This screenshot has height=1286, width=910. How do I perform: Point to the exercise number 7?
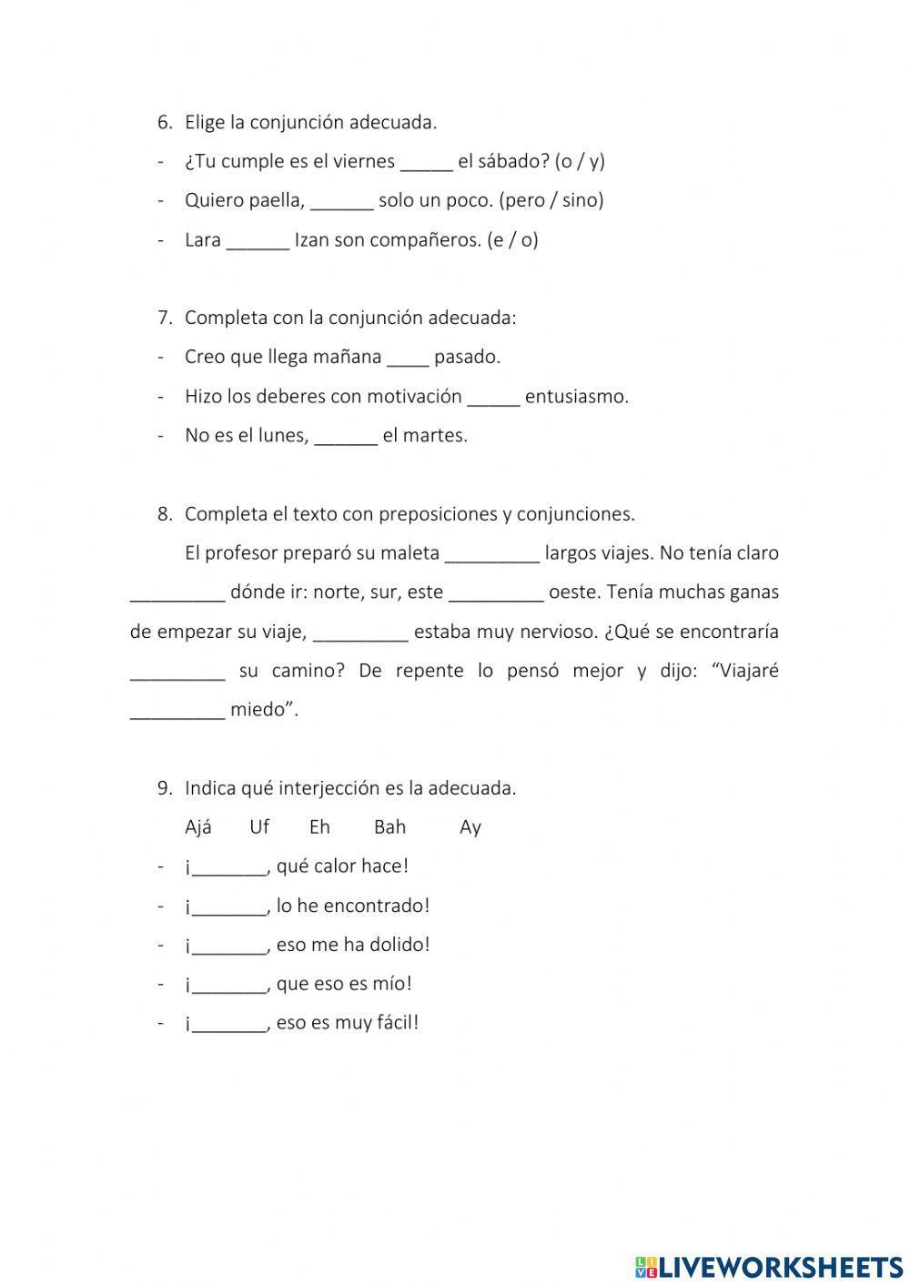point(164,318)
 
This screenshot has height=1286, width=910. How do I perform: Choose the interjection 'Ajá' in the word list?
point(198,827)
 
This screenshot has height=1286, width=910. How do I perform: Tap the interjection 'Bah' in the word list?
point(389,827)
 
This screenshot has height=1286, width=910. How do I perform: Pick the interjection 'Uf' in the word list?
point(259,827)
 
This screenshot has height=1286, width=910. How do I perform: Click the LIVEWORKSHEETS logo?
point(769,1266)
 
